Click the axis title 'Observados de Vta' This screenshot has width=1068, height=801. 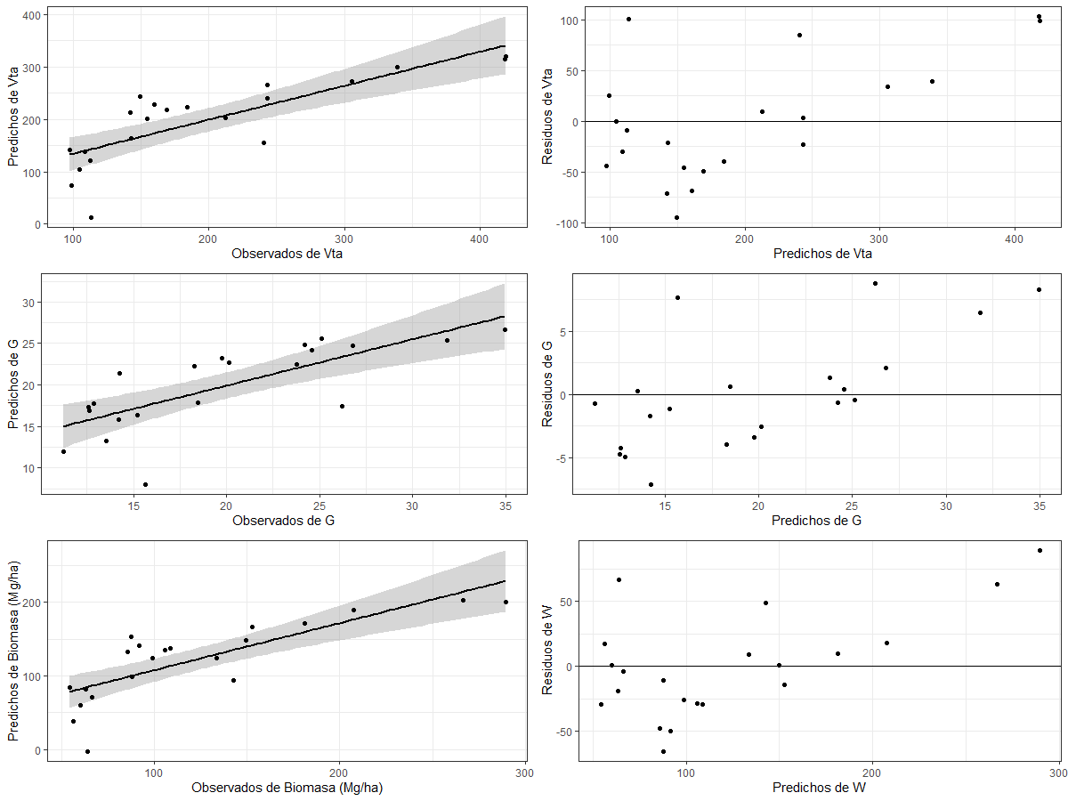(287, 254)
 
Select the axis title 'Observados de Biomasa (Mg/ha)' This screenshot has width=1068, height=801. (287, 788)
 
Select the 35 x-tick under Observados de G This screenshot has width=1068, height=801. (506, 506)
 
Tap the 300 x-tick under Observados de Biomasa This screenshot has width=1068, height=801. (524, 772)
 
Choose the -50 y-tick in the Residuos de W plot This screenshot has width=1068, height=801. (562, 732)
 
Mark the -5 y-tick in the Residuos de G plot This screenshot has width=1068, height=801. (566, 458)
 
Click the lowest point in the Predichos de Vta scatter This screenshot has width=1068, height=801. (91, 217)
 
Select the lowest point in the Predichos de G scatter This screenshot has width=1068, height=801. (145, 485)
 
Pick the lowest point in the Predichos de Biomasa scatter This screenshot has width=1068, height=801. (87, 751)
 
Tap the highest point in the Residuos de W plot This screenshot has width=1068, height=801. (1040, 550)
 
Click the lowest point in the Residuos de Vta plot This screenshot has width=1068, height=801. (676, 217)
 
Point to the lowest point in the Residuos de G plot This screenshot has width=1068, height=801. (651, 484)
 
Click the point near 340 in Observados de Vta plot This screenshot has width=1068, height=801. (397, 67)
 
